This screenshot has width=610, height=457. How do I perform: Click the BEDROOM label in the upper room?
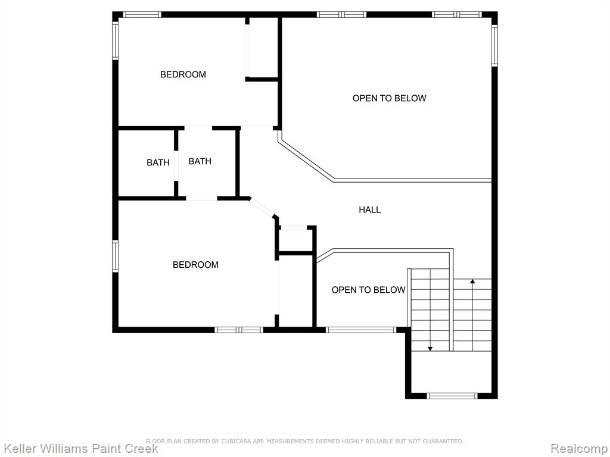(x=183, y=74)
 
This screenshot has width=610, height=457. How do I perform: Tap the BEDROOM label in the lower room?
(x=195, y=265)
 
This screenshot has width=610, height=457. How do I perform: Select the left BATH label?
(x=158, y=162)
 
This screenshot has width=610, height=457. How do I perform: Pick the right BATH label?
(x=200, y=161)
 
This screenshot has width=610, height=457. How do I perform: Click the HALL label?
(x=369, y=210)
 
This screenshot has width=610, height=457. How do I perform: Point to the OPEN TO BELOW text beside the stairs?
(x=368, y=290)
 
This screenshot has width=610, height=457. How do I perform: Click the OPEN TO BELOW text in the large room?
(x=390, y=98)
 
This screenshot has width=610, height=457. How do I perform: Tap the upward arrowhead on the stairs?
(x=472, y=281)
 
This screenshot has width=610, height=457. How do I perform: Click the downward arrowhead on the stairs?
(x=430, y=348)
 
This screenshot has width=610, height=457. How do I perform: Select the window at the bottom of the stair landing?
(x=452, y=396)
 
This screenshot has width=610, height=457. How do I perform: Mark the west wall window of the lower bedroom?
(x=115, y=256)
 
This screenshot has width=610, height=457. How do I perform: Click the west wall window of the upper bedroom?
(x=115, y=40)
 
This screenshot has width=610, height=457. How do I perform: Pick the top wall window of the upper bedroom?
(x=142, y=15)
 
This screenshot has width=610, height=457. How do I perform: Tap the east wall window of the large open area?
(x=494, y=45)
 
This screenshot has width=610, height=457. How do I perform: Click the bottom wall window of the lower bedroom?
(x=239, y=330)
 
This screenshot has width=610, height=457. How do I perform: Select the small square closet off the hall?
(x=296, y=241)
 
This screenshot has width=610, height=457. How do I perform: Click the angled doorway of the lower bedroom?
(x=262, y=208)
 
